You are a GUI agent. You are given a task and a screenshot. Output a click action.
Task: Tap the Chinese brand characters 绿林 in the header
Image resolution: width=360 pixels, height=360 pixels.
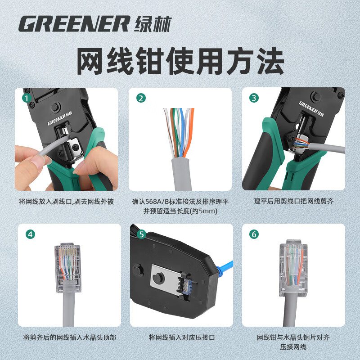tap(153, 24)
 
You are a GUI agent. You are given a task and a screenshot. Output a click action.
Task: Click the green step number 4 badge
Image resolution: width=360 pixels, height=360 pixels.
tap(30, 234)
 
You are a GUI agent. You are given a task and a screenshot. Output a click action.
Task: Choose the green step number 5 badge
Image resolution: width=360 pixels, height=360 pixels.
tap(141, 234)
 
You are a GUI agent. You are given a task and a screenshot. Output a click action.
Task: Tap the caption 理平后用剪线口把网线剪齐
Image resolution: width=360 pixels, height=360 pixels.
tap(293, 201)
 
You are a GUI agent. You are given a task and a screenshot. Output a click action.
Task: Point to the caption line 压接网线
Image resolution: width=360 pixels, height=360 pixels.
tap(293, 347)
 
